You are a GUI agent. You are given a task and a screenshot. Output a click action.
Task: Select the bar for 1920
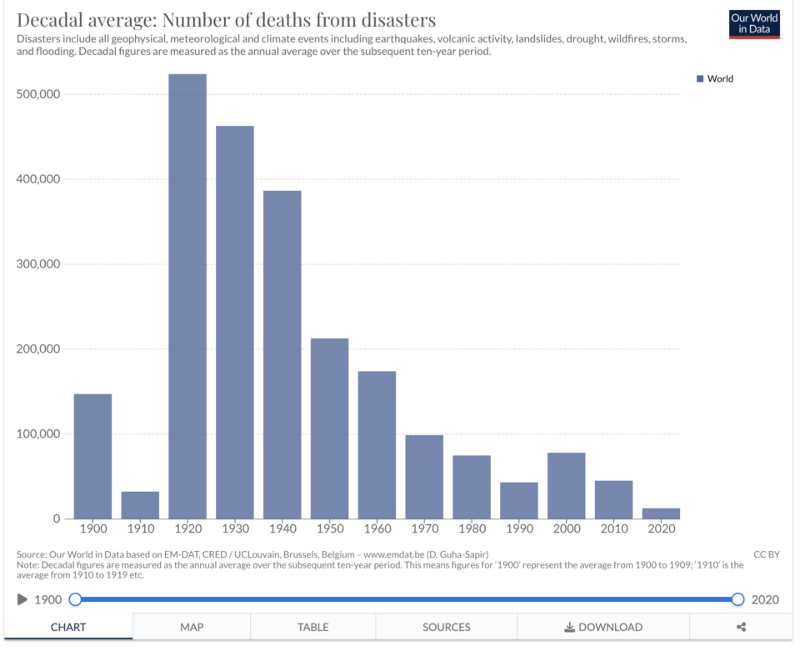[x=187, y=296]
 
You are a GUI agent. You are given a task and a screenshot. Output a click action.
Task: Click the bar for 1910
[x=140, y=505]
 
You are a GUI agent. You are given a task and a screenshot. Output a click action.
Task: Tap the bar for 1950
[x=329, y=428]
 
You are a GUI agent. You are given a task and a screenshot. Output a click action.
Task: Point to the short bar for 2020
[x=661, y=513]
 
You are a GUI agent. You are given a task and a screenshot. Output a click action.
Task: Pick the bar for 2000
[x=566, y=485]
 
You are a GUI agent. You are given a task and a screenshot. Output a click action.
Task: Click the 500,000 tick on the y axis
[x=38, y=94]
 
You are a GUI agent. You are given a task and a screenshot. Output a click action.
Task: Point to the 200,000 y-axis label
[x=38, y=349]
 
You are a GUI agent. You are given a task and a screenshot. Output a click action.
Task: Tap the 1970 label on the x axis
[x=424, y=529]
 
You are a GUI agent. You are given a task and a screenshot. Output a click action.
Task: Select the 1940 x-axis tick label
[x=282, y=529]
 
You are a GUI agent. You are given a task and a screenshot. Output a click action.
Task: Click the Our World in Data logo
[x=753, y=24]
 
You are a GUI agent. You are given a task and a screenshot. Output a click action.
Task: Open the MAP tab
[x=192, y=627]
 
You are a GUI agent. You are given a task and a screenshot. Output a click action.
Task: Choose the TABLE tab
[x=312, y=627]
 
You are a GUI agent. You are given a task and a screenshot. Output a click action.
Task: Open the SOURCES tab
[x=446, y=627]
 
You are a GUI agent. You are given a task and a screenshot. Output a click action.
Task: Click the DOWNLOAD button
[x=603, y=627]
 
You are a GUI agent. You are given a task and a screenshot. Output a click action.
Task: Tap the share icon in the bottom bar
[x=741, y=627]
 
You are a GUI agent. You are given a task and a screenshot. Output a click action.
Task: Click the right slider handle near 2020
[x=737, y=599]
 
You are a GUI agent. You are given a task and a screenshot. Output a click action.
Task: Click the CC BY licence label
[x=766, y=554]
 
